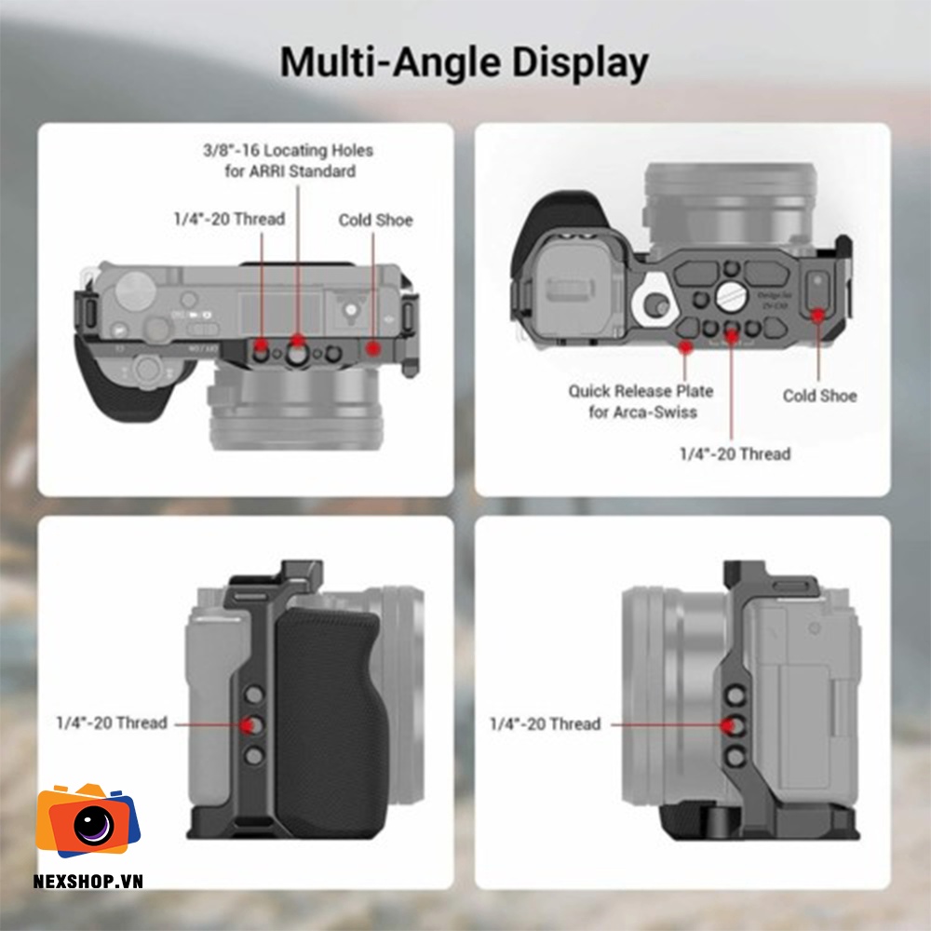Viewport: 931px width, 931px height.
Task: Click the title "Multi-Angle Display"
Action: [x=465, y=62]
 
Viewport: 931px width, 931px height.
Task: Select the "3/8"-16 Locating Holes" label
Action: [x=288, y=150]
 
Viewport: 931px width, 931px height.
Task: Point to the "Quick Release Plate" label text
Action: [x=641, y=391]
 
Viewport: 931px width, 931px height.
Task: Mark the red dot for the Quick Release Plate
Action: [x=687, y=347]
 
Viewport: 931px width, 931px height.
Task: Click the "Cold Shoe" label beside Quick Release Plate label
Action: [x=819, y=396]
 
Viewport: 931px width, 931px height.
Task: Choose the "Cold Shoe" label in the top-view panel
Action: [x=375, y=221]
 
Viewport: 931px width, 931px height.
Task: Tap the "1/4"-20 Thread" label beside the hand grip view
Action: [x=112, y=722]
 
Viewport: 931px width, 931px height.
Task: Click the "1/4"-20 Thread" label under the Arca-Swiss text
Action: [x=735, y=454]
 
